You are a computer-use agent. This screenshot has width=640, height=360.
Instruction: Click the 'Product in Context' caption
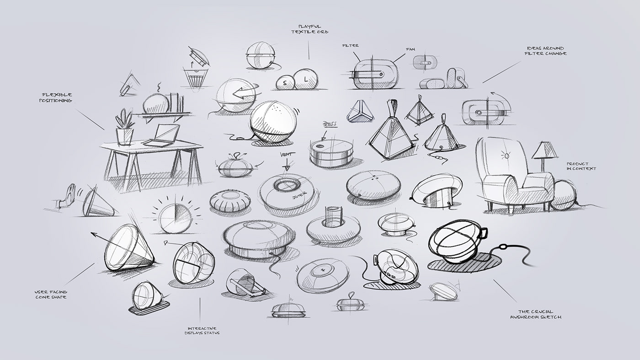pyautogui.click(x=581, y=166)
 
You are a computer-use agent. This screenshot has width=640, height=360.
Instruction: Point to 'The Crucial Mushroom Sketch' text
pyautogui.click(x=535, y=314)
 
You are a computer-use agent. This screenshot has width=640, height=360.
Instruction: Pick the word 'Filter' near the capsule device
pyautogui.click(x=351, y=45)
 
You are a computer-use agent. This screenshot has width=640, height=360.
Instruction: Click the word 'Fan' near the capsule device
pyautogui.click(x=410, y=48)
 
